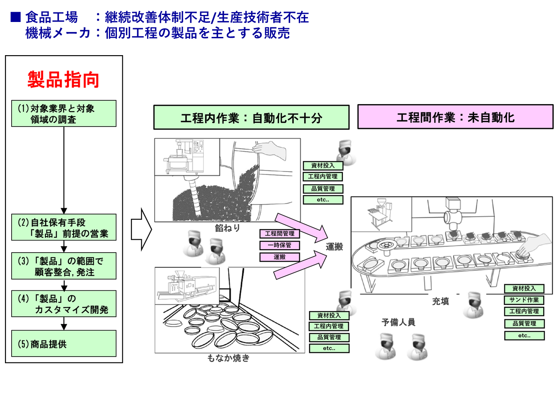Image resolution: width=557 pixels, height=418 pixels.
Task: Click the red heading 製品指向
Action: (x=63, y=80)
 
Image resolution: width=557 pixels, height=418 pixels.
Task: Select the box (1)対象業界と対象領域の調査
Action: (x=64, y=114)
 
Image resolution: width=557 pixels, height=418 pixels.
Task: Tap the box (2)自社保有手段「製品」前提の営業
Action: (x=64, y=228)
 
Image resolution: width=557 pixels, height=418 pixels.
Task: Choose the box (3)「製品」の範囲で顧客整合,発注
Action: (x=64, y=266)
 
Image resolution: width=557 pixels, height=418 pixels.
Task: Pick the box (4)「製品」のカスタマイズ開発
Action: (x=64, y=304)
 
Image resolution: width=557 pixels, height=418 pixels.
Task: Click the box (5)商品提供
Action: (x=64, y=344)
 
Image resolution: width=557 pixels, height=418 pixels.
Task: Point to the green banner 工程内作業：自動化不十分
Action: (x=251, y=118)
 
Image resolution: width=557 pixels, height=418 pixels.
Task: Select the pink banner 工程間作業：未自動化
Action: (x=455, y=117)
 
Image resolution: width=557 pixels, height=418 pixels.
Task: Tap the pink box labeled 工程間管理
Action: (x=280, y=234)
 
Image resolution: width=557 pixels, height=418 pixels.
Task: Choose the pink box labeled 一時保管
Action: (x=280, y=245)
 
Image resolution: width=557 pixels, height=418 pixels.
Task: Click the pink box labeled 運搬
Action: (x=280, y=257)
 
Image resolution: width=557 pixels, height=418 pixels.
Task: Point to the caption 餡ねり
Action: (x=228, y=228)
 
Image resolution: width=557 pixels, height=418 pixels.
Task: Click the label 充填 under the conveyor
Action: (x=441, y=301)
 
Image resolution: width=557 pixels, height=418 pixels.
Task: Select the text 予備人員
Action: (x=398, y=322)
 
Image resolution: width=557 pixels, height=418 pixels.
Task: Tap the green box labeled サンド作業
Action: (x=524, y=300)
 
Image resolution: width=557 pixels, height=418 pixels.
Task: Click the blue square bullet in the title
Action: (x=16, y=17)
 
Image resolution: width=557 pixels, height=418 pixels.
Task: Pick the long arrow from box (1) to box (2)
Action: (x=64, y=170)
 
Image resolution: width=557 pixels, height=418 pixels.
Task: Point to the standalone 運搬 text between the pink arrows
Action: (x=334, y=247)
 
